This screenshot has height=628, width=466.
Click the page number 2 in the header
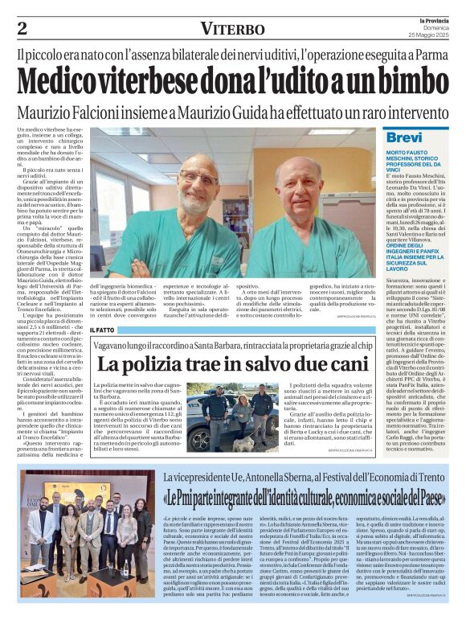[22, 29]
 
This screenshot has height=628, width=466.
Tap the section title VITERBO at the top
[232, 29]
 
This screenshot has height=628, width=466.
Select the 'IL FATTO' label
[102, 330]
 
